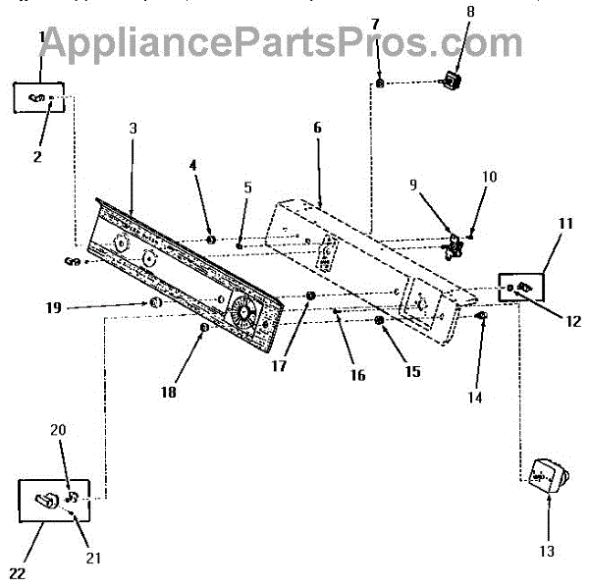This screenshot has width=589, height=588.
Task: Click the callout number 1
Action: click(42, 36)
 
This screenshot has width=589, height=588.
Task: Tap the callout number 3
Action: click(133, 129)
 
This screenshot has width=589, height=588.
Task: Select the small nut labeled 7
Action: click(380, 83)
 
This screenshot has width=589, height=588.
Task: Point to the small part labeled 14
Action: click(482, 317)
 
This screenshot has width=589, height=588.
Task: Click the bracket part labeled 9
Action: click(455, 245)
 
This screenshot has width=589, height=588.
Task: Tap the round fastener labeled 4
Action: click(211, 239)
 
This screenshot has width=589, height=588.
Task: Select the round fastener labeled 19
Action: click(155, 305)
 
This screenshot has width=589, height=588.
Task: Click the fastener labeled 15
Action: click(380, 320)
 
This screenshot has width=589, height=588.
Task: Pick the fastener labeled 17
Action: click(311, 296)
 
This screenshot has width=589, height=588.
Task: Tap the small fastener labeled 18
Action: click(204, 327)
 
